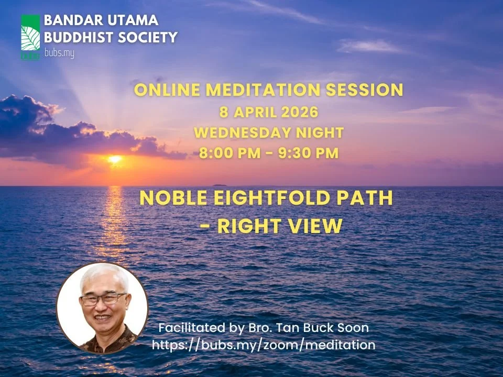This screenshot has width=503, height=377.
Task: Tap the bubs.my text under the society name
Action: click(59, 53)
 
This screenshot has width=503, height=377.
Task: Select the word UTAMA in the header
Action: click(133, 21)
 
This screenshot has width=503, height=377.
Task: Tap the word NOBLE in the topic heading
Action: click(169, 199)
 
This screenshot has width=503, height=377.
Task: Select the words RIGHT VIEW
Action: click(280, 226)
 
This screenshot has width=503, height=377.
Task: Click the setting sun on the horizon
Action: click(114, 159)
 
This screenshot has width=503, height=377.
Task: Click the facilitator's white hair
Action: click(103, 276)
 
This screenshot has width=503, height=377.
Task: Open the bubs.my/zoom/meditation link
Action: click(264, 345)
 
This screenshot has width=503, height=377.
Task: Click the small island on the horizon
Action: click(219, 184)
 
